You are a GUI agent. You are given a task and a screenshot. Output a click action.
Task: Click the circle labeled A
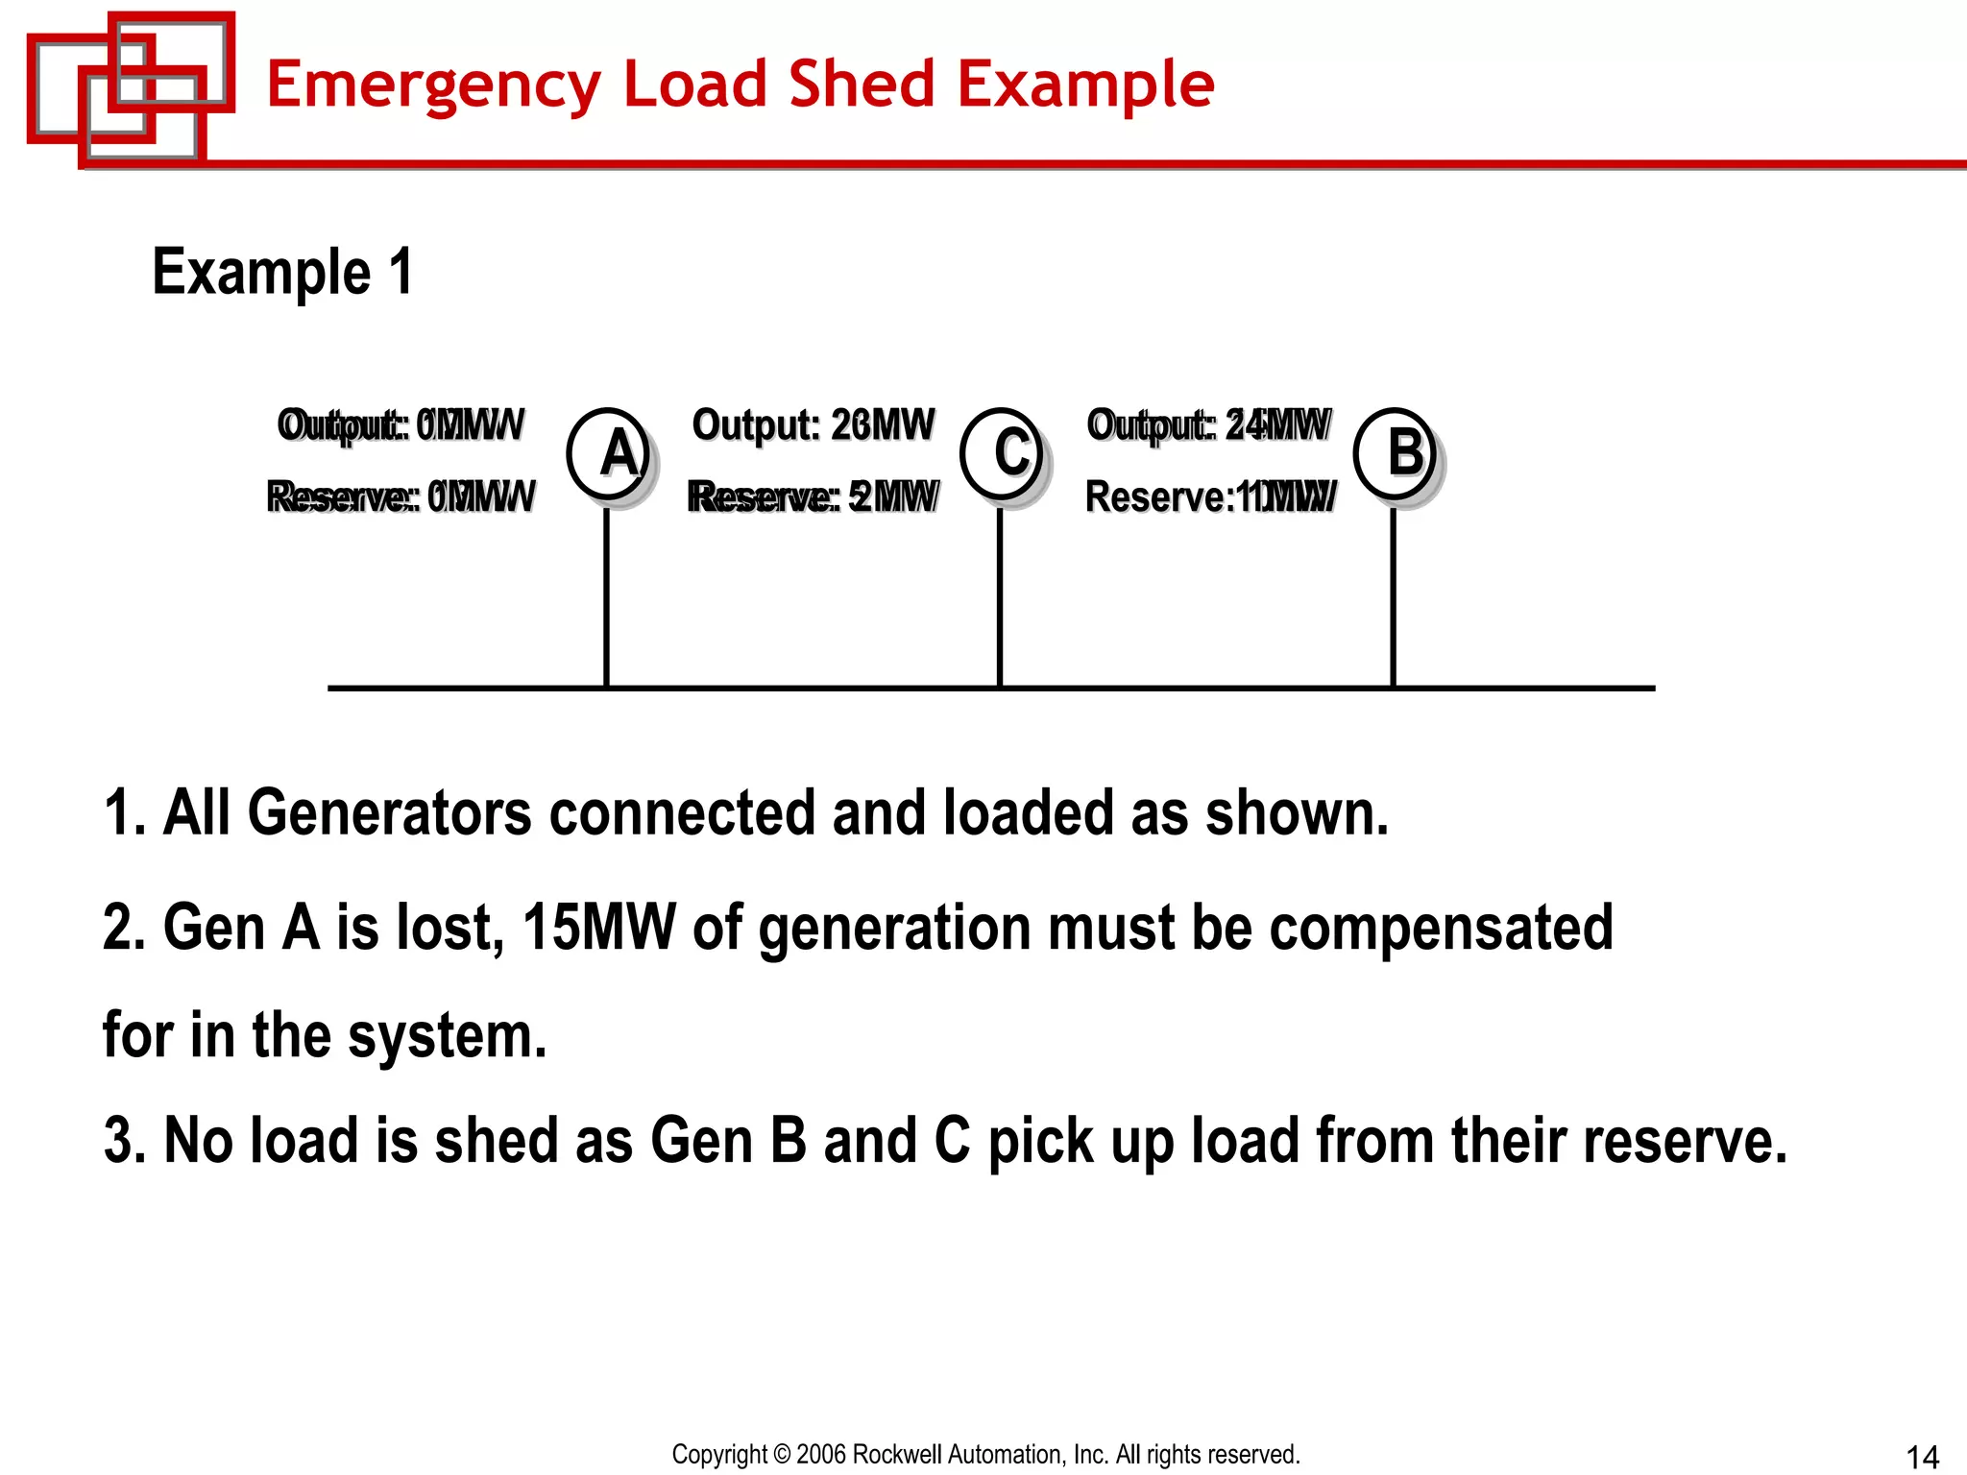(x=608, y=452)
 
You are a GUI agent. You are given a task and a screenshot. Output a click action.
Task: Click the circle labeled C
(x=1002, y=452)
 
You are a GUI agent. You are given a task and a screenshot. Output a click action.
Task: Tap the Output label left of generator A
(x=401, y=424)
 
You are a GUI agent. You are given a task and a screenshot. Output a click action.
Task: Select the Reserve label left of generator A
(x=401, y=496)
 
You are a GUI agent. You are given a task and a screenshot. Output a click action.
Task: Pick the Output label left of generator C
(x=813, y=424)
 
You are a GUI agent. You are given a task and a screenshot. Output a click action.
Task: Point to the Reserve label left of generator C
(x=813, y=496)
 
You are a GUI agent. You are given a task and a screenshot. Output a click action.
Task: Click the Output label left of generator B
(x=1208, y=424)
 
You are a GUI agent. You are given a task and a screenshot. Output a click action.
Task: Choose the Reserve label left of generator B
(x=1209, y=496)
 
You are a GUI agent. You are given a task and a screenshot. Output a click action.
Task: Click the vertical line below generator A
(x=606, y=595)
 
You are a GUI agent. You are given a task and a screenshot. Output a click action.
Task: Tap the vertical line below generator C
(x=1000, y=595)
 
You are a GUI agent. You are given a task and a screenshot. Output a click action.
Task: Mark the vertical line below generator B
(x=1393, y=595)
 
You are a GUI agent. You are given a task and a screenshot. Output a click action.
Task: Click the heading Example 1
(x=282, y=272)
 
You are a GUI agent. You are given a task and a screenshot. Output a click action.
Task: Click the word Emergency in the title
(x=435, y=85)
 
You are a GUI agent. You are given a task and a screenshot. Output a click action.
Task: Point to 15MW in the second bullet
(x=598, y=928)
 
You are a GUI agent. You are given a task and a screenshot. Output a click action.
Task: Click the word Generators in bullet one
(x=389, y=813)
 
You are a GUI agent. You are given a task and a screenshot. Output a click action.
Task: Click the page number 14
(x=1922, y=1457)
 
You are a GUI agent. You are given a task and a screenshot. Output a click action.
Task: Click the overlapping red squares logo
(x=131, y=86)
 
